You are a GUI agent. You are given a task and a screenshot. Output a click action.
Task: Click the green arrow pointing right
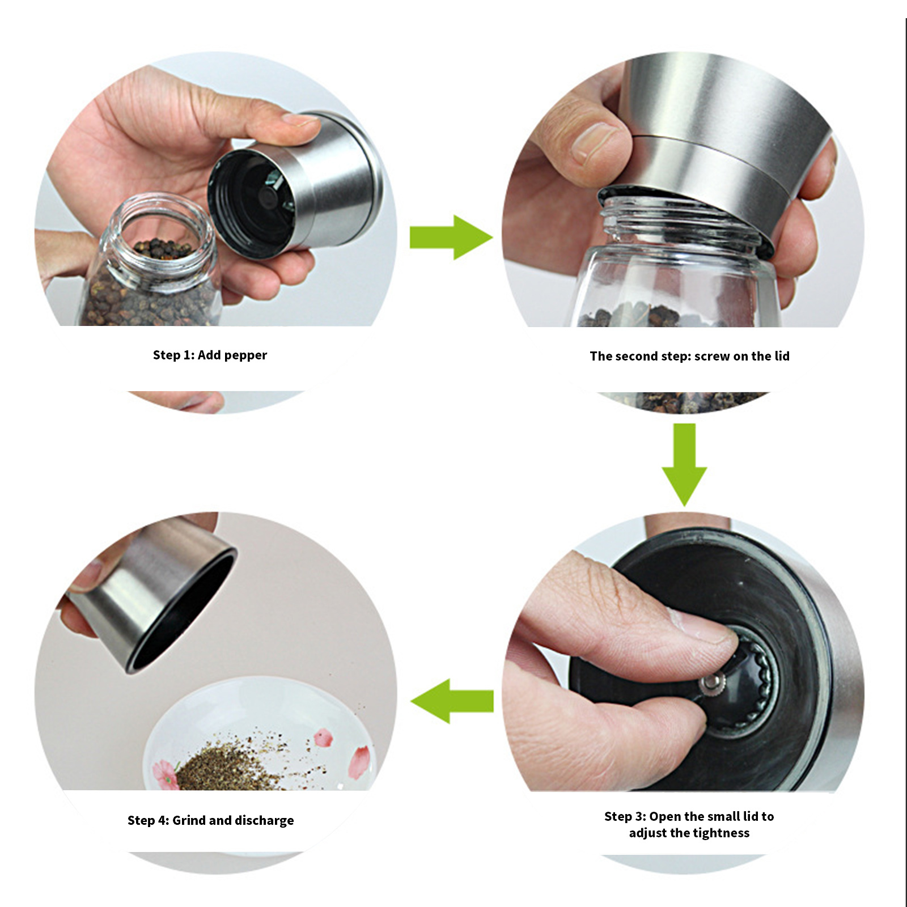451,237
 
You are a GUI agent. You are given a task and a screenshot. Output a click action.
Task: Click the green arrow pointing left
452,701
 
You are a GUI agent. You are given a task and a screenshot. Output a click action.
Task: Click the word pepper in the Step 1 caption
245,356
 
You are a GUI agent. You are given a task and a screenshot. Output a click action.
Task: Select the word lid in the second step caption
782,356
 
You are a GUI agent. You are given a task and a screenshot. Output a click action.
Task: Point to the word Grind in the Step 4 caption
189,820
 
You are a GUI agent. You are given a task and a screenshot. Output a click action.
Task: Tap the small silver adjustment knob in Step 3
710,684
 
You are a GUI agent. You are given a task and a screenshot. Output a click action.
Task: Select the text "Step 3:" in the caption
625,816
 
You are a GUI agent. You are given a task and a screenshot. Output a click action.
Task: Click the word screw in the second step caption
712,357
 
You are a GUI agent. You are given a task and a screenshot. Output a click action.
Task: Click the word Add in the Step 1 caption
209,355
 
